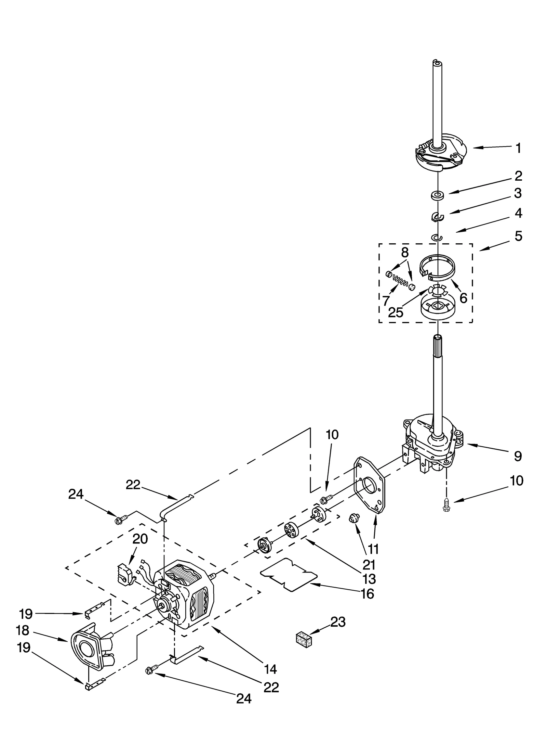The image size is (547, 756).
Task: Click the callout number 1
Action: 518,148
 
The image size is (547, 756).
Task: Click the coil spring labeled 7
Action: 400,280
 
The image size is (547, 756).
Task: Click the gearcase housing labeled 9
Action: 432,441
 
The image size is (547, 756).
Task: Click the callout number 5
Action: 518,236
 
